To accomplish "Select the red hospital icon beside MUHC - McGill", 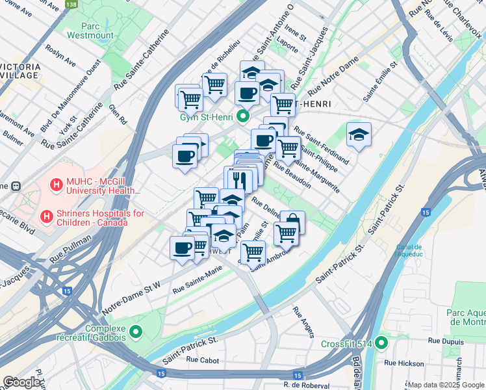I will pyautogui.click(x=56, y=186).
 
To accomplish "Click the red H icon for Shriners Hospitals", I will pyautogui.click(x=47, y=216).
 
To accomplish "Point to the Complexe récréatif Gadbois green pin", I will pyautogui.click(x=136, y=332).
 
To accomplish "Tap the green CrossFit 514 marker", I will pyautogui.click(x=381, y=343).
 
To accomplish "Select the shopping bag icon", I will pyautogui.click(x=292, y=223).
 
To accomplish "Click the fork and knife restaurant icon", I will pyautogui.click(x=239, y=179).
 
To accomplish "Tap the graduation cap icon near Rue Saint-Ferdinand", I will pyautogui.click(x=359, y=135).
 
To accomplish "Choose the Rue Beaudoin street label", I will pyautogui.click(x=292, y=175).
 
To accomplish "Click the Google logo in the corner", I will pyautogui.click(x=22, y=382).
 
